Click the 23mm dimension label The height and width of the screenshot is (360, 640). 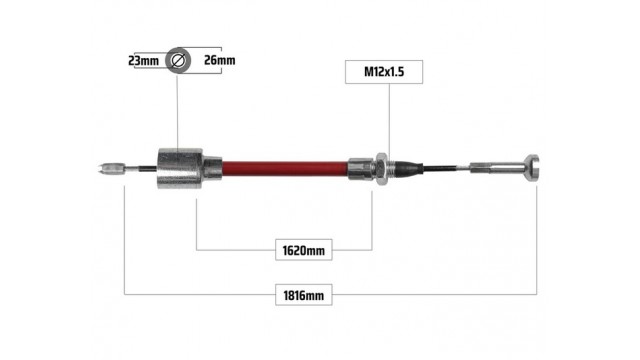[143, 61]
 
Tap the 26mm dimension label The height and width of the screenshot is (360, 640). [220, 60]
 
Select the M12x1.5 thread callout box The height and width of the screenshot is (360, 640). [384, 72]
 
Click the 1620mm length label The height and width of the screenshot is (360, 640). [304, 250]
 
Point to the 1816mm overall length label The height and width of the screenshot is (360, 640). [304, 295]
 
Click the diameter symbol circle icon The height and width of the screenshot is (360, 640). [178, 60]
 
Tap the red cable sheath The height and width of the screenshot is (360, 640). [285, 169]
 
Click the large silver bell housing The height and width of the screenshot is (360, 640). [180, 168]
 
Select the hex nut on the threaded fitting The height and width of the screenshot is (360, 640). [382, 168]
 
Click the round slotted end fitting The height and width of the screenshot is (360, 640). [532, 168]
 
